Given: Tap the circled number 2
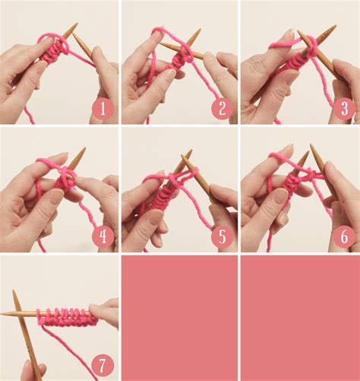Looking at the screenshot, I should coord(222,109).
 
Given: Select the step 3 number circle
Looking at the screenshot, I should coord(343,109).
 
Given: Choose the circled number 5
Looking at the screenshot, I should coord(222,236).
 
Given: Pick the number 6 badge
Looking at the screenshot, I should coord(343,236).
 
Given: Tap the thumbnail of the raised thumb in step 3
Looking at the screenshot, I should coord(289,35).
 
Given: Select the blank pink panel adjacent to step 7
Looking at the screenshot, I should coord(179,317).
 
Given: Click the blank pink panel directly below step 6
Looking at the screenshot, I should coord(300,317).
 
